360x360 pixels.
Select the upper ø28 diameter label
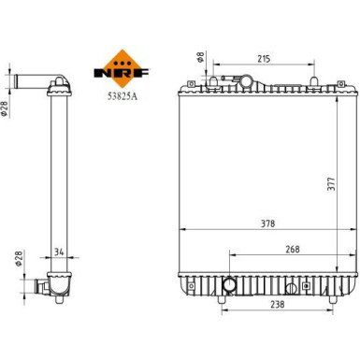6,110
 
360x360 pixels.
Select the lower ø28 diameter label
16,258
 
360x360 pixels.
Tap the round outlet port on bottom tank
228,283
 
